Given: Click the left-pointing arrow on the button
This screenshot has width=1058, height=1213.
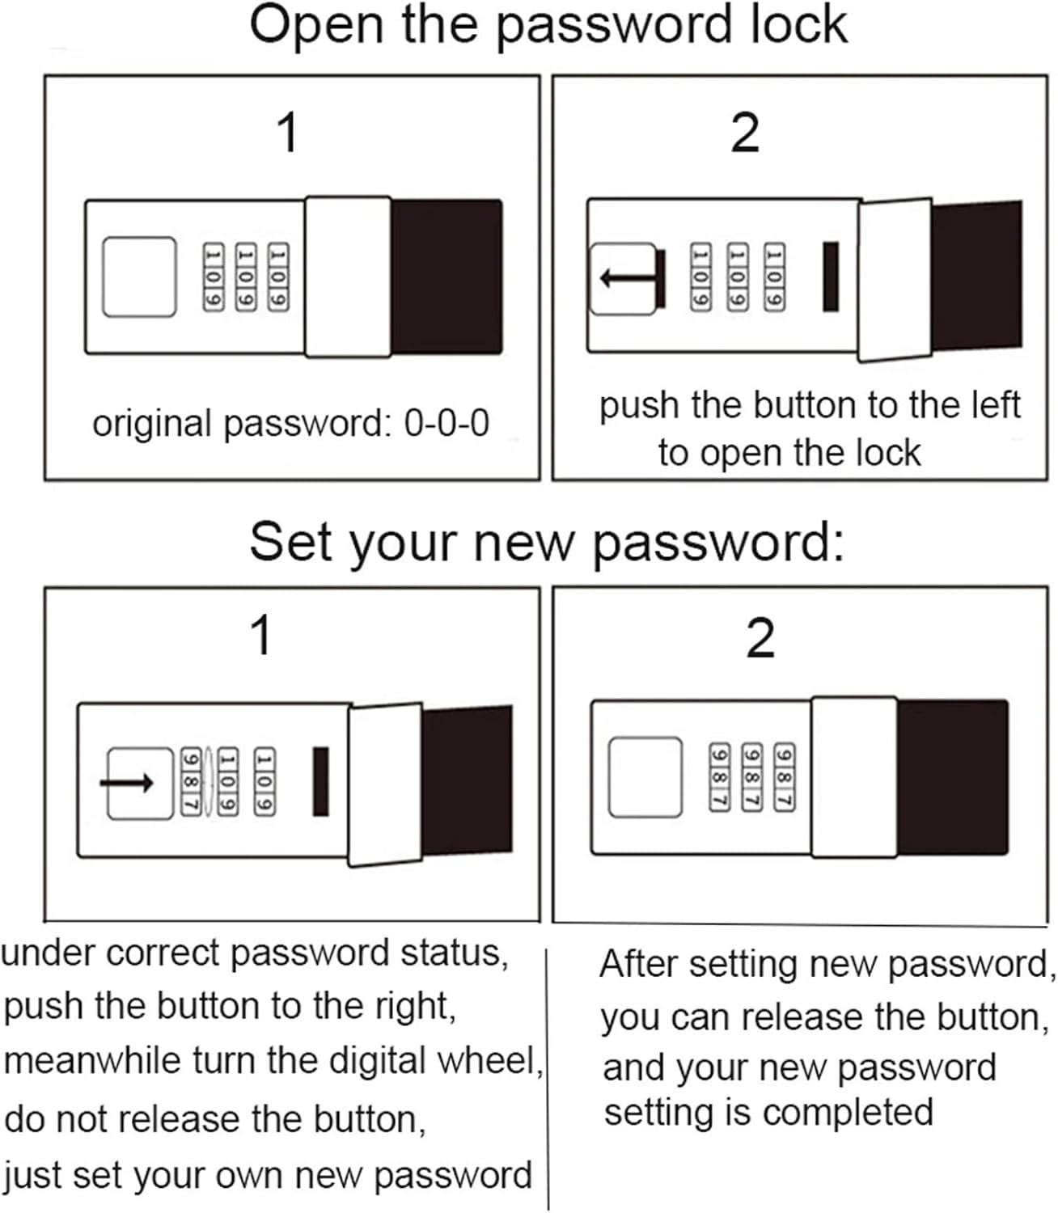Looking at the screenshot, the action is click(628, 278).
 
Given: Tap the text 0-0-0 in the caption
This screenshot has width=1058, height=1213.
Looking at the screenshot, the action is click(446, 423).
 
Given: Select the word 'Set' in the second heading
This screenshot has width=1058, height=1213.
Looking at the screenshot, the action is click(290, 543).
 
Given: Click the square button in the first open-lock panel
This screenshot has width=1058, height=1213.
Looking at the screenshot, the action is click(139, 277).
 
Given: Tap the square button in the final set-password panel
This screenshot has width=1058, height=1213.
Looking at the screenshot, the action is click(645, 777).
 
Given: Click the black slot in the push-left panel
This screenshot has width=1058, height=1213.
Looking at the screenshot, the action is click(831, 277).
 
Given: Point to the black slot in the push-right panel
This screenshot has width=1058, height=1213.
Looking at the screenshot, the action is click(321, 781).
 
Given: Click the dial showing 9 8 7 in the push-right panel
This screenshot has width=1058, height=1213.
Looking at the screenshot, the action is click(191, 781).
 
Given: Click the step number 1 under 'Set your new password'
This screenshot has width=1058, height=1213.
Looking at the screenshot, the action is click(261, 634).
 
